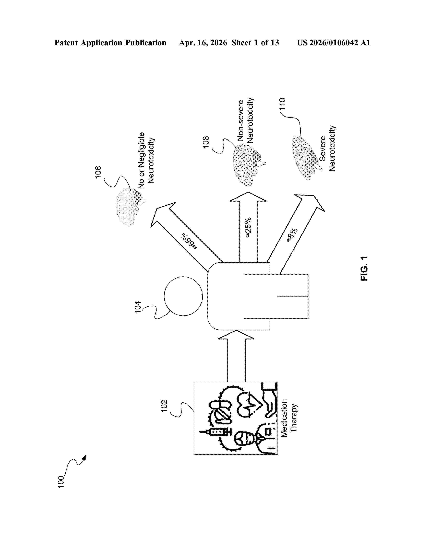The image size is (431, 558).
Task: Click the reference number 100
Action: tap(61, 482)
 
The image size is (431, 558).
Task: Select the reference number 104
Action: tap(138, 307)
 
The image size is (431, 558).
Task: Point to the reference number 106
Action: tap(98, 172)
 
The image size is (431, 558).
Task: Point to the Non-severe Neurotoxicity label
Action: tap(245, 120)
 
